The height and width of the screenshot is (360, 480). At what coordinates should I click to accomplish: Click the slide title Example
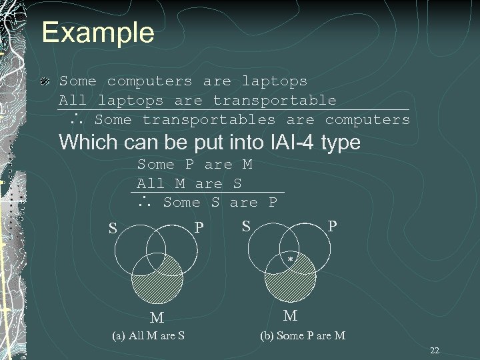97,32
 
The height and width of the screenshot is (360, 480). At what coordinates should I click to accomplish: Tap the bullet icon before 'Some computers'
44,81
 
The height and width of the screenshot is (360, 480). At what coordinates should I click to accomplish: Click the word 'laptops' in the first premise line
274,81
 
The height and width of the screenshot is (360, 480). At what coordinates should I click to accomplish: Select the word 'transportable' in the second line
275,101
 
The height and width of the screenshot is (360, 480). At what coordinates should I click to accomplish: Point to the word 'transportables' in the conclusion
209,120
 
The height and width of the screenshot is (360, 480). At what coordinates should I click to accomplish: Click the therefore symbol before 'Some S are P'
145,203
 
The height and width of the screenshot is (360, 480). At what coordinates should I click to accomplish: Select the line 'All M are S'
189,183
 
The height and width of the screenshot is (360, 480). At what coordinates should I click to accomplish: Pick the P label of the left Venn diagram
199,228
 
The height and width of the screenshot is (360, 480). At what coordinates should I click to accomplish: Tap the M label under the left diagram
157,315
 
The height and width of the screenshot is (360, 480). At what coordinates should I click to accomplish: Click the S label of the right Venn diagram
246,227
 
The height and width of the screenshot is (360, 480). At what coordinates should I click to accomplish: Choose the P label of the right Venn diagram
331,227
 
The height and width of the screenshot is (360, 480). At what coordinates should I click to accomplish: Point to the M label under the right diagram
290,315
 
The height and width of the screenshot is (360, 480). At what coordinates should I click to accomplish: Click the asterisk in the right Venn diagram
290,258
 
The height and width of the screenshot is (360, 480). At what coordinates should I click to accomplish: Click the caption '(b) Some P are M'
303,335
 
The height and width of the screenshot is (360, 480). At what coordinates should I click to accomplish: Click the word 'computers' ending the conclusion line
367,120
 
